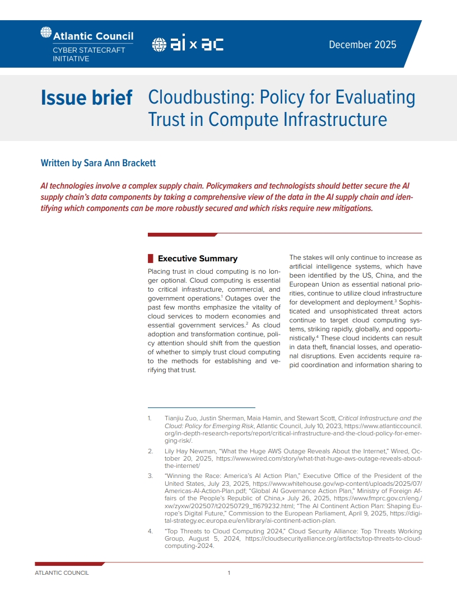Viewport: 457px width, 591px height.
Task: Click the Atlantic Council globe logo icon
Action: [x=46, y=33]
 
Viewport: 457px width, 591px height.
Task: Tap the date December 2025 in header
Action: [x=362, y=45]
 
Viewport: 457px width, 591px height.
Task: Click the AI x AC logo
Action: [x=188, y=45]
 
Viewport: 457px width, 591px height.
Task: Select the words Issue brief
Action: [x=86, y=98]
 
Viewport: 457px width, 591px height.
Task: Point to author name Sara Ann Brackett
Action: [x=120, y=163]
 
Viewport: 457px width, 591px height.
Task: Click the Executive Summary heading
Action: [x=198, y=259]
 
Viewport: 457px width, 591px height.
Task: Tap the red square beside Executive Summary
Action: [x=150, y=259]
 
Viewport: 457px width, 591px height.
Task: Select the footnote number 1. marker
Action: [x=150, y=418]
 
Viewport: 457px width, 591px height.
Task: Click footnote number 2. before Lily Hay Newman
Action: [x=150, y=451]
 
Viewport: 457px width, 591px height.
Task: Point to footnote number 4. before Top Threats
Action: [x=150, y=531]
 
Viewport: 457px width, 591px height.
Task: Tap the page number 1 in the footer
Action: [x=229, y=573]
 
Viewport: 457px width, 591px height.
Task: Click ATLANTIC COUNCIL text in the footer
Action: [x=62, y=573]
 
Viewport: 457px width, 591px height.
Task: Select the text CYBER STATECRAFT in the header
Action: [x=81, y=50]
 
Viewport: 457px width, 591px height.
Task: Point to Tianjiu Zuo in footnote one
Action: [x=182, y=418]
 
